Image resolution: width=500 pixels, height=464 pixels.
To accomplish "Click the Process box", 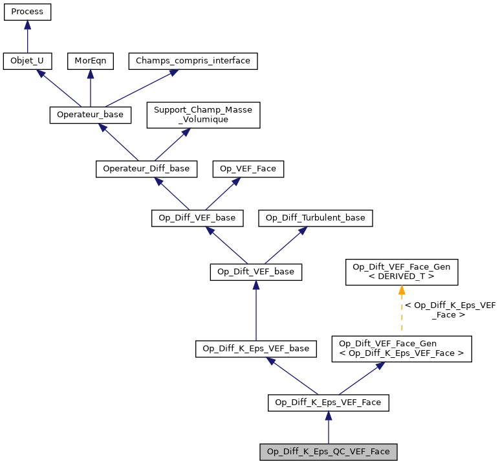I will pos(27,12).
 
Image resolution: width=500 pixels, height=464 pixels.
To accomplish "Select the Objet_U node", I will pos(27,61).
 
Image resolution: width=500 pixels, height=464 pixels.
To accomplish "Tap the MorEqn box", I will pos(91,61).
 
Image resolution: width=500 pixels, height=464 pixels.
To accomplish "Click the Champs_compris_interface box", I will pos(193,61).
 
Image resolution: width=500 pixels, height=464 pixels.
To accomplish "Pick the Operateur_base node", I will pos(91,115).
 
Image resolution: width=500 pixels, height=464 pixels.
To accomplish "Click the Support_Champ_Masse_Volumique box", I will pos(203,115).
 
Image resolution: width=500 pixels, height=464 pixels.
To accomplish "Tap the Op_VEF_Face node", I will pos(248,168).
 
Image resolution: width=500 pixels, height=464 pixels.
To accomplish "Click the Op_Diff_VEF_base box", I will pos(197,218).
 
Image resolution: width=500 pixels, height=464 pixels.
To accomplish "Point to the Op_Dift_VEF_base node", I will pos(256,272).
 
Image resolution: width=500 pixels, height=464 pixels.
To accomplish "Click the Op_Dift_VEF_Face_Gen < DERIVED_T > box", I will pos(402,272).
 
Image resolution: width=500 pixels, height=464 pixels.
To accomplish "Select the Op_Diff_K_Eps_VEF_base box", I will pos(256,349).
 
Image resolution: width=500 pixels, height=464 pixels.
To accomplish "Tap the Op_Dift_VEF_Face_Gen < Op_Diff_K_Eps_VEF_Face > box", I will pos(402,349).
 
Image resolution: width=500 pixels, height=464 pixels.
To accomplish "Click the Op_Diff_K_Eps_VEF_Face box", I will pos(329,403).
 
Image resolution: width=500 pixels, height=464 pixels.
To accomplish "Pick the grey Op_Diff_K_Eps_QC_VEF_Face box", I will pos(329,452).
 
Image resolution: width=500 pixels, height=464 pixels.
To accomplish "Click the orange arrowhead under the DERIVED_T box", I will pos(402,291).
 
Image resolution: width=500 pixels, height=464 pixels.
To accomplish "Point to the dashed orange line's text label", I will pos(450,310).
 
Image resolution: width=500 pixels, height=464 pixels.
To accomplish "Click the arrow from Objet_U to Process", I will pos(27,37).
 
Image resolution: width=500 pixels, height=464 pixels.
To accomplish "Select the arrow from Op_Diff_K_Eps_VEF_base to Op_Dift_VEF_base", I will pos(256,311).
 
